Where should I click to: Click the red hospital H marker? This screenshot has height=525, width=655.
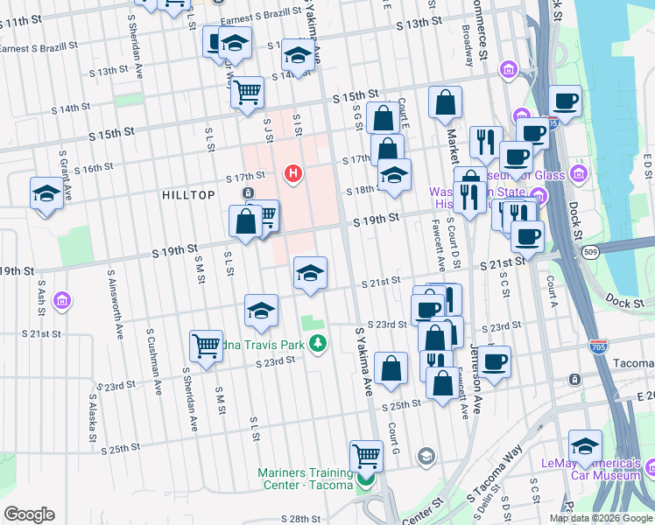[293, 174]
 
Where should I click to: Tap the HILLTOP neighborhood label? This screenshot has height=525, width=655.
[188, 195]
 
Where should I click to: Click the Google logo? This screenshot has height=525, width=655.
[29, 514]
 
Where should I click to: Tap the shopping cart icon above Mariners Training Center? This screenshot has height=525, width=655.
[366, 454]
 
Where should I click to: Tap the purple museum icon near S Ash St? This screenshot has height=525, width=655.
[61, 302]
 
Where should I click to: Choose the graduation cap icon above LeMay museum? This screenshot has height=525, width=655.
[585, 444]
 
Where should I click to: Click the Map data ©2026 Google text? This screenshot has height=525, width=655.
[600, 518]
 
